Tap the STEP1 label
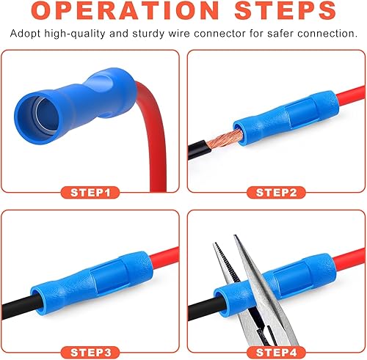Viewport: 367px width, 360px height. tap(94, 193)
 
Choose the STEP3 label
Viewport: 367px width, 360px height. tap(94, 353)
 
